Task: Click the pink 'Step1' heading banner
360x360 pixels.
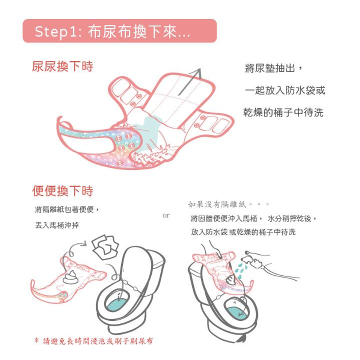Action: click(x=119, y=31)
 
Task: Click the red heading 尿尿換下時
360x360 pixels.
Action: click(x=62, y=66)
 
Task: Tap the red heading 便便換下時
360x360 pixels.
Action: click(x=62, y=191)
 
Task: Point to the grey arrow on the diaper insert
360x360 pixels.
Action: click(x=189, y=81)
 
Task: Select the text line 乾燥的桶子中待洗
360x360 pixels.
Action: click(x=283, y=112)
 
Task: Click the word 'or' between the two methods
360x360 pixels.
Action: click(x=166, y=215)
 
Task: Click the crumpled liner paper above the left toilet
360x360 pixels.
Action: click(x=105, y=247)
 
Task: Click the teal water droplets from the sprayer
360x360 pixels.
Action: click(x=240, y=271)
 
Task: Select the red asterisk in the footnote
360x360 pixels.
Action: click(x=36, y=340)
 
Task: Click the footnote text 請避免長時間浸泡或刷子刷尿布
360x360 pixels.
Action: click(x=98, y=341)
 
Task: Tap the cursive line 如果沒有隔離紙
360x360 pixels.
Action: click(x=217, y=204)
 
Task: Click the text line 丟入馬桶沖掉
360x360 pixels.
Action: click(x=57, y=225)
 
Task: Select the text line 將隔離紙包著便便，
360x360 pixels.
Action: click(x=67, y=209)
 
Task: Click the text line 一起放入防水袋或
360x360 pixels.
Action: click(x=285, y=90)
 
